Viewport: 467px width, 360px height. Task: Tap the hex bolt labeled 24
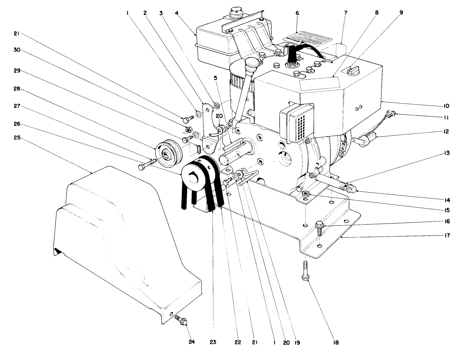182,321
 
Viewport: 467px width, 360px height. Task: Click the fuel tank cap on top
235,13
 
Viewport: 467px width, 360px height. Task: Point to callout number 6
297,13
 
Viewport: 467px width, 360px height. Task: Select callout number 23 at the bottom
213,342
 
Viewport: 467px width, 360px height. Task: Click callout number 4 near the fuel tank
176,13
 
